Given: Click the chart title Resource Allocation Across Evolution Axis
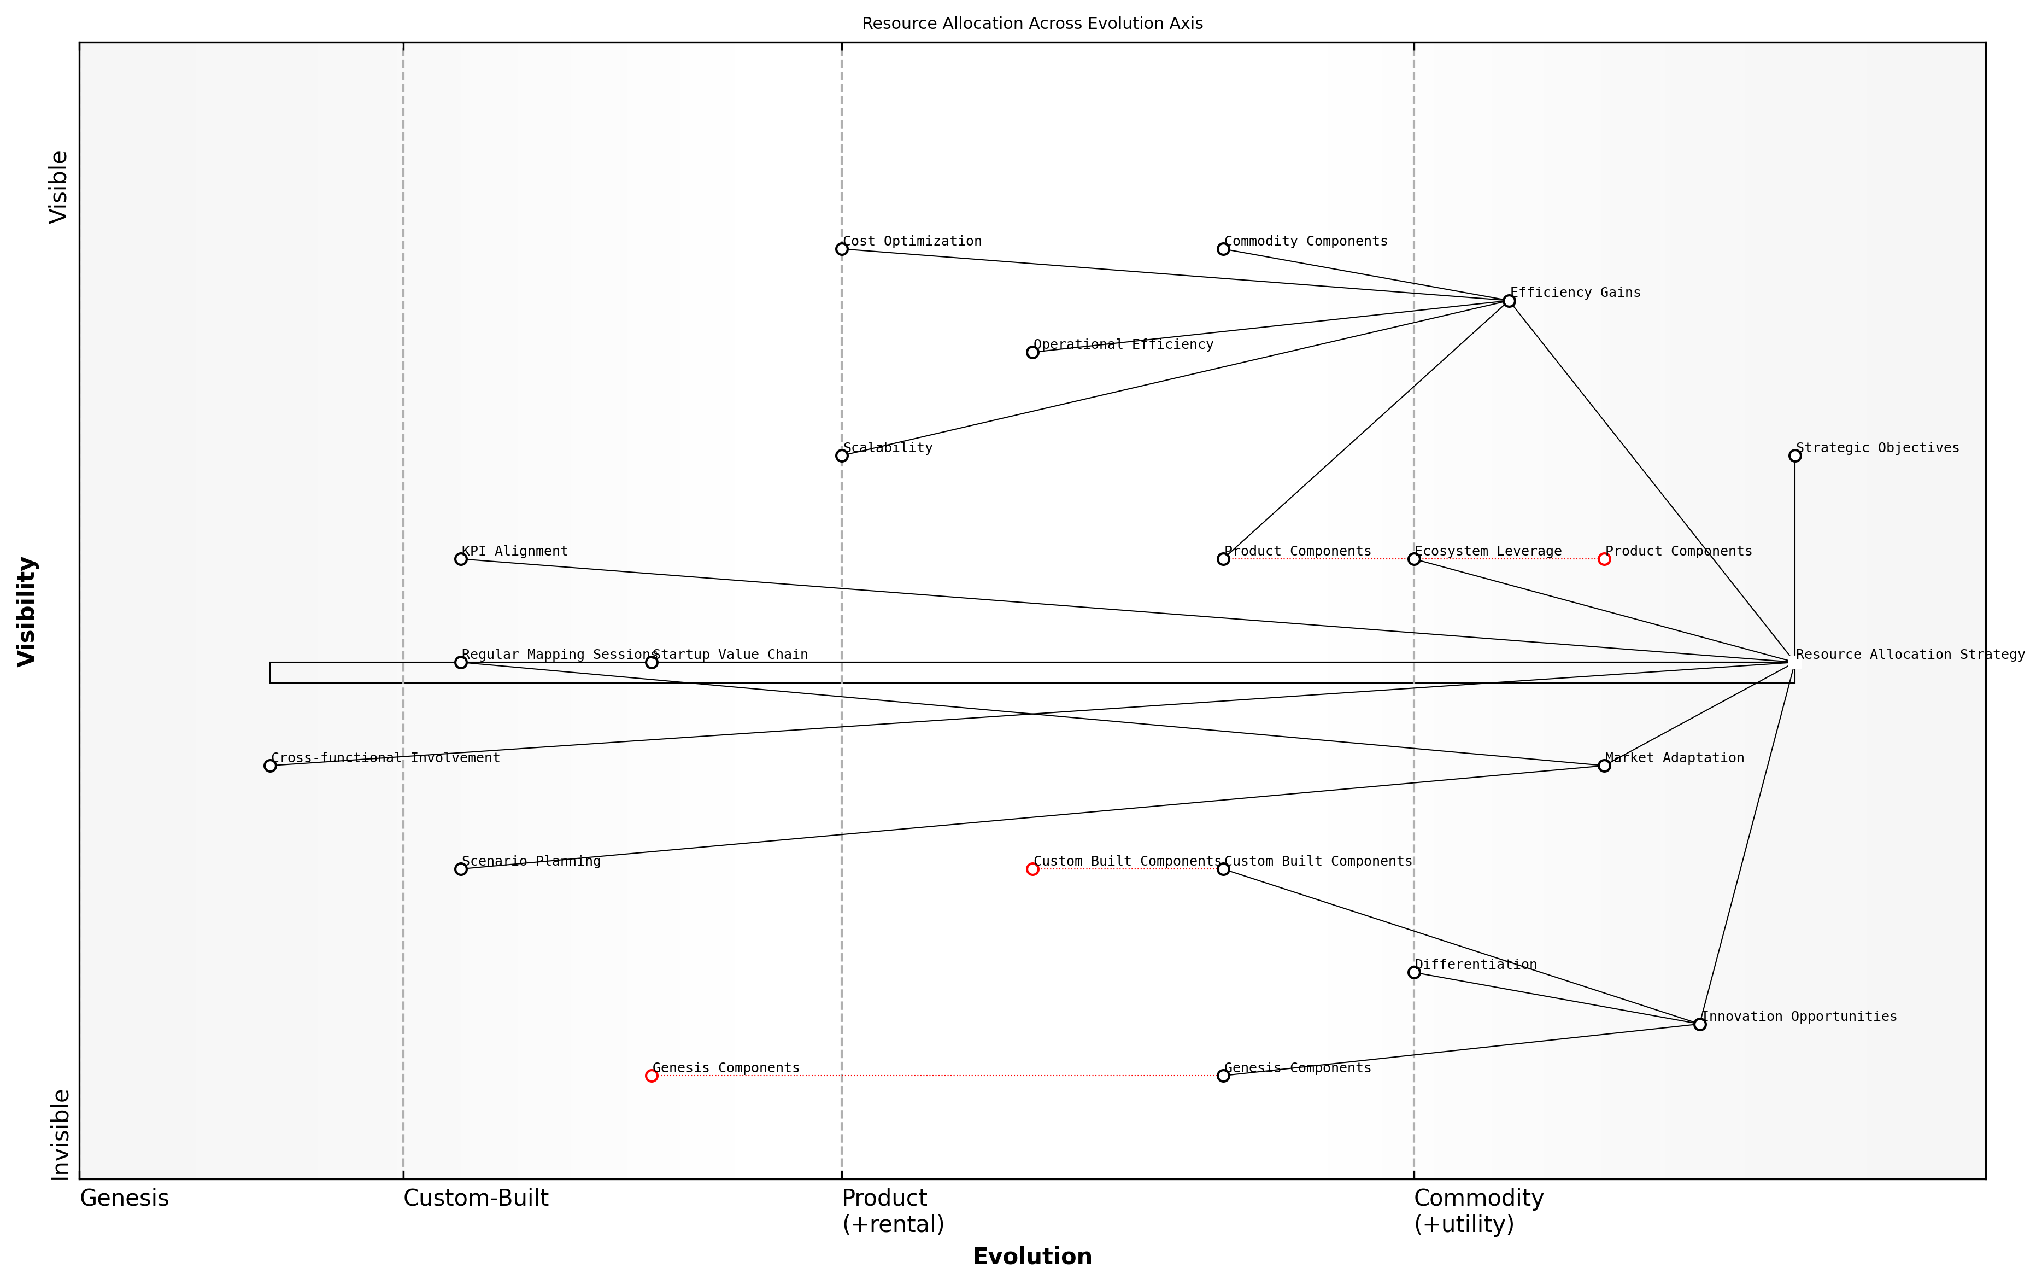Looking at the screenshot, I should coord(1031,24).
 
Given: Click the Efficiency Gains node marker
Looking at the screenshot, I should coord(1509,301).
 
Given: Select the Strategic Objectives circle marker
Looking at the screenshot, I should coord(1794,455).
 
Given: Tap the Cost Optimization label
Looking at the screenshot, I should coord(912,241).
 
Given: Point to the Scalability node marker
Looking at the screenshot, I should coord(841,455).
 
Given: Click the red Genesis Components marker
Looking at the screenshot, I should coord(652,1076).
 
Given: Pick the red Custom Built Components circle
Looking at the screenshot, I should coord(1032,868).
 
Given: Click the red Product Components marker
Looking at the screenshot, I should coord(1604,559).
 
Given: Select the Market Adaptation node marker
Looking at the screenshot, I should coord(1604,766).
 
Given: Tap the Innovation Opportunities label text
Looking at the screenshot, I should coord(1799,1016).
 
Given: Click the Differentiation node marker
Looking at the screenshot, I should coord(1413,972).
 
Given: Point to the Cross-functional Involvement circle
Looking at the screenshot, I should coord(269,766).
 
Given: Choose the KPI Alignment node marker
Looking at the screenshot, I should coord(460,559).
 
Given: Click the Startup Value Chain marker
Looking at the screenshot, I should coord(652,662).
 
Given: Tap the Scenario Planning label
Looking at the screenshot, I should coord(531,861).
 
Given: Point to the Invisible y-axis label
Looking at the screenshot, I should coord(60,1134).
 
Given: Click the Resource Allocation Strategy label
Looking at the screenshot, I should coord(1910,654).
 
